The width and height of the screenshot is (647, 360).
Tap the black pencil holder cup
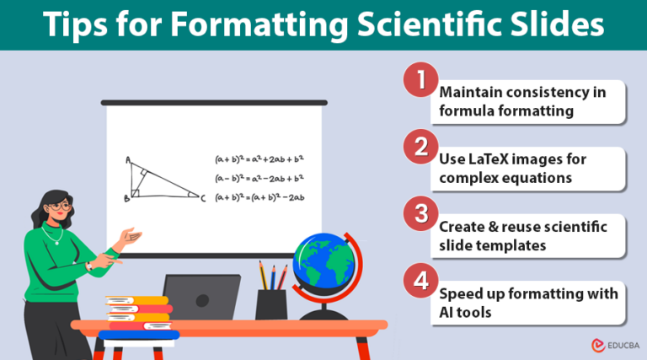tap(270, 304)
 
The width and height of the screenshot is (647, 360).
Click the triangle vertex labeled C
tap(201, 198)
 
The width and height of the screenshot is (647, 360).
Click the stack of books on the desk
tap(138, 317)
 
